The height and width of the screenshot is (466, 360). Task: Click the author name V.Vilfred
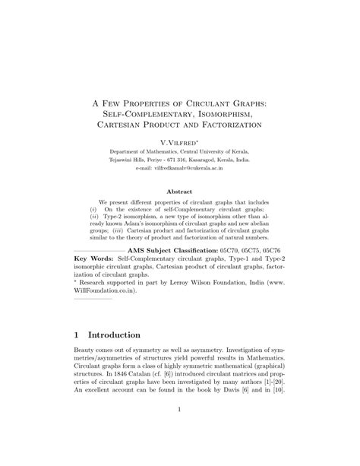179,142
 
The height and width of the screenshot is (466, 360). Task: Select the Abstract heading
179,192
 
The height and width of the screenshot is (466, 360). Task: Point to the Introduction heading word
114,334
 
